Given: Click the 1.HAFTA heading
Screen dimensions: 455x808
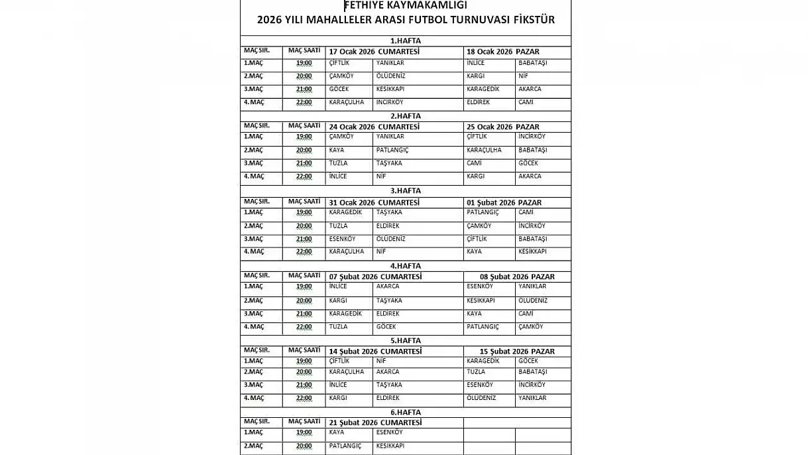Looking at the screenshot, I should [405, 40].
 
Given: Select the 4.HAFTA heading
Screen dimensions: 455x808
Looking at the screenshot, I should [405, 266].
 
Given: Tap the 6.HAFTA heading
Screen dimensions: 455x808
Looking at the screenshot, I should [405, 412].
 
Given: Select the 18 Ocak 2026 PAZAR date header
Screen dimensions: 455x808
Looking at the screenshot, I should [502, 52].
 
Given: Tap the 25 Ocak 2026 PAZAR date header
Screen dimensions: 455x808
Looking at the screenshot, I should [502, 127].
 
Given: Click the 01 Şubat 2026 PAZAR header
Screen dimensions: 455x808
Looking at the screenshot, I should [504, 202].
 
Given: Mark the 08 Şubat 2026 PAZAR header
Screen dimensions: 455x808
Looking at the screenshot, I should [517, 277].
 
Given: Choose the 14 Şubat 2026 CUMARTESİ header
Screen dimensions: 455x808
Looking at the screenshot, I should [375, 352].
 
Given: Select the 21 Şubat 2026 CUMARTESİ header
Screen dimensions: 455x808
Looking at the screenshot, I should [375, 422].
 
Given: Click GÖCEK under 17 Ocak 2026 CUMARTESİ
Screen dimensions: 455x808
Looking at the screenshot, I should [339, 89].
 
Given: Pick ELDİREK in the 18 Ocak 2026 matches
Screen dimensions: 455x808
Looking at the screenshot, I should [478, 102].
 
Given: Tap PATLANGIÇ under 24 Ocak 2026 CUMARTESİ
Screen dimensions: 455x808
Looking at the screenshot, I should [392, 150].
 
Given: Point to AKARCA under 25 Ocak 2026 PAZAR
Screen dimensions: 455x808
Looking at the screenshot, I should [530, 176].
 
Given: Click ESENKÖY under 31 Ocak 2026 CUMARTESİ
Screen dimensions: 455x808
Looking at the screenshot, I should [342, 239].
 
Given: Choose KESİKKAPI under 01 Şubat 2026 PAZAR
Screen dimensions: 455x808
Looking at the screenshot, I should [532, 251].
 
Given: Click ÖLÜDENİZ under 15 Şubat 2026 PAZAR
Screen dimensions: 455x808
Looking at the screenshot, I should [481, 398].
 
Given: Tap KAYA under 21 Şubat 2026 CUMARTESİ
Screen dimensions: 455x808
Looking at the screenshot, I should [337, 432].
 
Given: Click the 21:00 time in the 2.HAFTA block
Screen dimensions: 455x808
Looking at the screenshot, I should [304, 163].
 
